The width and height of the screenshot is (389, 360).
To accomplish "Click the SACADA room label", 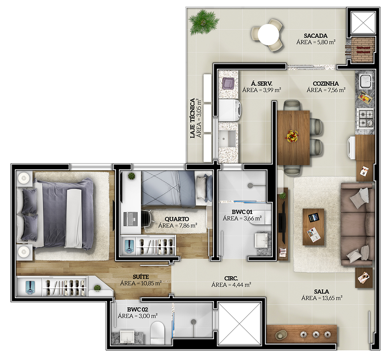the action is tap(315, 36).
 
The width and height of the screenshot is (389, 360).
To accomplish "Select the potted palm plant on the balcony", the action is tap(204, 22).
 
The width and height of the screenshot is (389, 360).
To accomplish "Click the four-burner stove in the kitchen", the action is tap(365, 118).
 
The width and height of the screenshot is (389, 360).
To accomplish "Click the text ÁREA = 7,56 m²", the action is tap(326, 90).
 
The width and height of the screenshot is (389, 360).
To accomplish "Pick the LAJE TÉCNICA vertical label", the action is tap(193, 118).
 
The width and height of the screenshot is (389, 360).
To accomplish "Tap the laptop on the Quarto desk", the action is tap(130, 219).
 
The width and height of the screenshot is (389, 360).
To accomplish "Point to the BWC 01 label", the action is tap(242, 212).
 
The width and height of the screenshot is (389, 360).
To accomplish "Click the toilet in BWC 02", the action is tap(157, 331).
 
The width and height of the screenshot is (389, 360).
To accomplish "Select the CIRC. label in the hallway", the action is tap(231, 279).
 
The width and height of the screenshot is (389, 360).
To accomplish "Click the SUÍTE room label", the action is tap(141, 277).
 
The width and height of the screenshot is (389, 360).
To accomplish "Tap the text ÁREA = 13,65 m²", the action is tap(322, 298).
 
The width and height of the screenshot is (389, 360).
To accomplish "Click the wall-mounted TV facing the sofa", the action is tap(282, 223).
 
